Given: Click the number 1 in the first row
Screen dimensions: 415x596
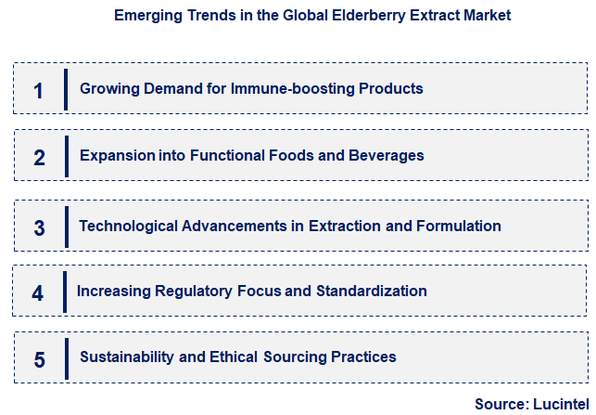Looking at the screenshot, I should point(38,90).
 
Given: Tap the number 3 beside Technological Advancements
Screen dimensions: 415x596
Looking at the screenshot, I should point(39,227).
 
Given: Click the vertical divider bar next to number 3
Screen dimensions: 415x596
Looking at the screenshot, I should point(66,227).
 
